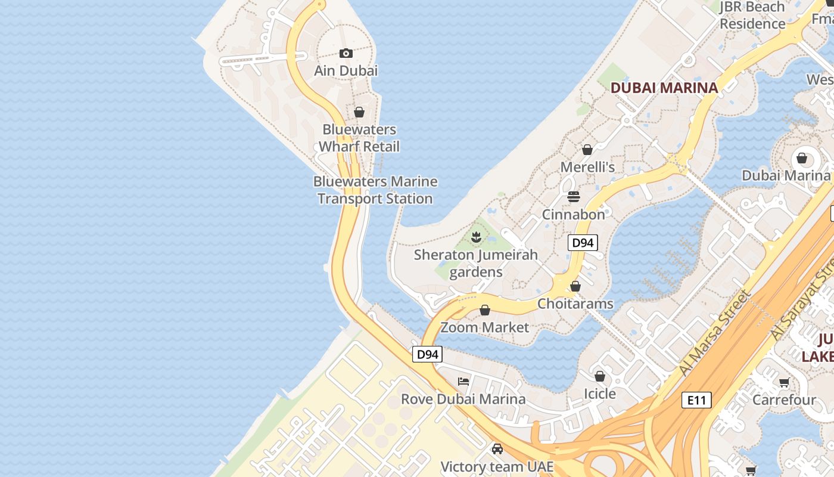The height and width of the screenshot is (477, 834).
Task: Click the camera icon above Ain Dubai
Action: pyautogui.click(x=346, y=54)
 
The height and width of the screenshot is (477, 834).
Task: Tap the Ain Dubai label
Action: pyautogui.click(x=346, y=70)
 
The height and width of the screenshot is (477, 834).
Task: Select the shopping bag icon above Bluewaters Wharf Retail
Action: pyautogui.click(x=359, y=112)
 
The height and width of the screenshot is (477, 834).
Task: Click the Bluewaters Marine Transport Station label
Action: pyautogui.click(x=375, y=190)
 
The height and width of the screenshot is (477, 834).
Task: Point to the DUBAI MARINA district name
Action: pyautogui.click(x=664, y=88)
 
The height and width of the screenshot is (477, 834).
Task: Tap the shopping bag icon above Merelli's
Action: pyautogui.click(x=587, y=150)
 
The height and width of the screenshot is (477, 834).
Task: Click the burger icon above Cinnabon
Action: pyautogui.click(x=574, y=196)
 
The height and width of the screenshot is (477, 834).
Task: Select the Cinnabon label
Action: pyautogui.click(x=574, y=214)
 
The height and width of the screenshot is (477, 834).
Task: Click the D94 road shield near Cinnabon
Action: pyautogui.click(x=583, y=243)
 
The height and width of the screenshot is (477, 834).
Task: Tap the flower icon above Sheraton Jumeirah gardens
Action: pyautogui.click(x=476, y=238)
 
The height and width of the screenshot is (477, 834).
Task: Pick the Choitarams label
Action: pyautogui.click(x=575, y=303)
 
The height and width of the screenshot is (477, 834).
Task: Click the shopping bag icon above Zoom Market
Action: pyautogui.click(x=485, y=310)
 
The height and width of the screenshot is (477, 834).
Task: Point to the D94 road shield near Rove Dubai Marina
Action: pyautogui.click(x=428, y=354)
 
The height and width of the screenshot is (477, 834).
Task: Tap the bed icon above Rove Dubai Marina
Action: pyautogui.click(x=463, y=382)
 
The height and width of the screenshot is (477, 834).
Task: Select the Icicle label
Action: pyautogui.click(x=600, y=394)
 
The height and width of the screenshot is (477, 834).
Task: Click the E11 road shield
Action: pyautogui.click(x=696, y=400)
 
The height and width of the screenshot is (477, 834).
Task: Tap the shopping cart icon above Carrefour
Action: pyautogui.click(x=784, y=382)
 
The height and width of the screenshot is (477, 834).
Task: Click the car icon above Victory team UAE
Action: pyautogui.click(x=497, y=449)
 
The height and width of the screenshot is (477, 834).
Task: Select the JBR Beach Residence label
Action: pyautogui.click(x=752, y=16)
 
